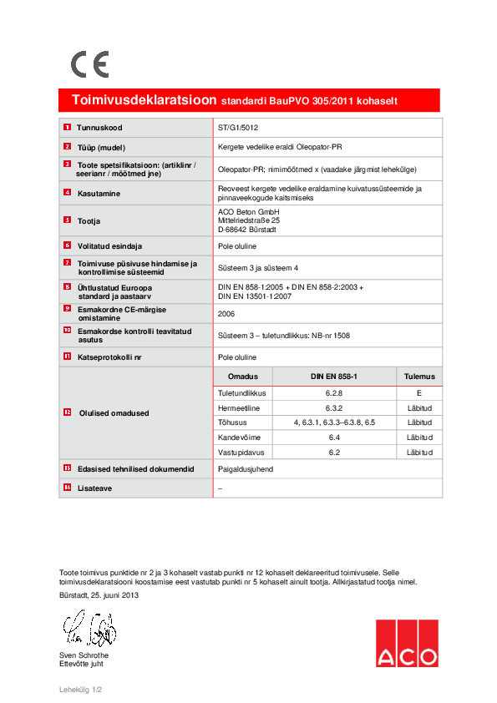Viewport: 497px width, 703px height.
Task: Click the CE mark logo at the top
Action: tap(89, 64)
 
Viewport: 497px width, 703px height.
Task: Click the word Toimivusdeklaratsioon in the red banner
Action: tap(144, 100)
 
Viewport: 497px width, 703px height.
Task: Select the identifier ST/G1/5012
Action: tap(238, 128)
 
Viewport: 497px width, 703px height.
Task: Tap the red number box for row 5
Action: tap(67, 220)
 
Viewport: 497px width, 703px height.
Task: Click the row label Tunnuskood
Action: tap(99, 128)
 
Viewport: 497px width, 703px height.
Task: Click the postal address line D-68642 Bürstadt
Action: tap(246, 230)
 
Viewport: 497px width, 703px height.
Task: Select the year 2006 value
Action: tap(226, 314)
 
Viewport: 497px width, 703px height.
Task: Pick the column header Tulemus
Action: tap(418, 377)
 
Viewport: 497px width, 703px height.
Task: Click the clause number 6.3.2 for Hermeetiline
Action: tap(334, 407)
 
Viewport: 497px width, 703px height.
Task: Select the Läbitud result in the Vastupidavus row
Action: tap(418, 453)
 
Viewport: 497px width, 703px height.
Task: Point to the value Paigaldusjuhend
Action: tap(245, 469)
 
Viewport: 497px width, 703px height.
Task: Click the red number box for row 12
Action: tap(67, 412)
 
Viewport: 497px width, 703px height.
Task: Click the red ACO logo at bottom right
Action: tap(406, 643)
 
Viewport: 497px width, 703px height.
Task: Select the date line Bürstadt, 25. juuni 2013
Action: tap(99, 595)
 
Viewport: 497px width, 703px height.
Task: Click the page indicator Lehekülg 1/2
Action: tap(80, 690)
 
